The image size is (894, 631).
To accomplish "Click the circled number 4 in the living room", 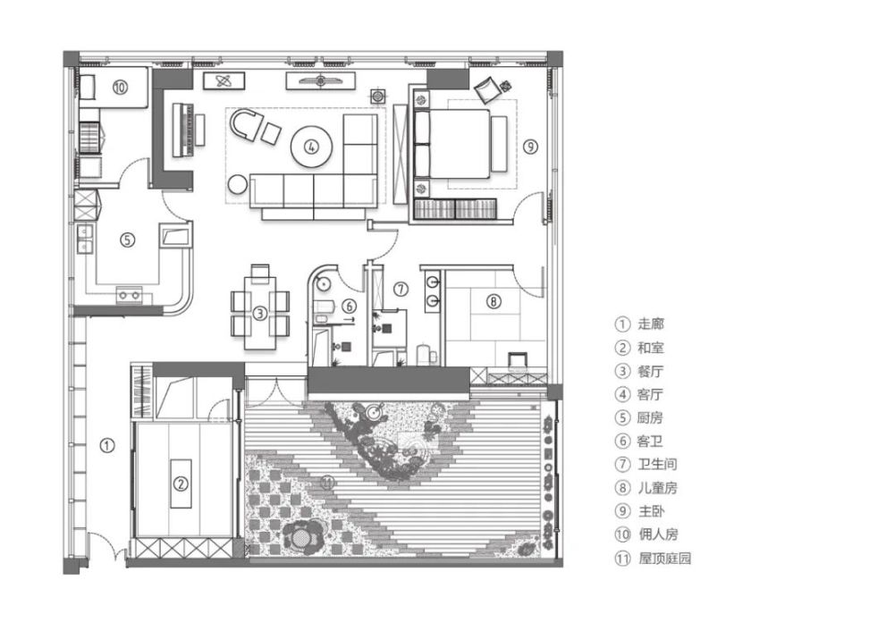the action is [x=311, y=147].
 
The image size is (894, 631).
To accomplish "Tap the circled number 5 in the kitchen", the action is [x=127, y=240].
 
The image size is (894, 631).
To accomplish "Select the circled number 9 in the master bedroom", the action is [x=530, y=147].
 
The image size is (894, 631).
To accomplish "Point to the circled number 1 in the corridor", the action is [x=107, y=445].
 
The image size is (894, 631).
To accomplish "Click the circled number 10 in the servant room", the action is [x=120, y=88].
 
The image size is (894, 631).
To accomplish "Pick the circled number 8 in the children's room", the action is [x=493, y=300].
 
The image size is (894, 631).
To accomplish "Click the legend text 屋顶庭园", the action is [x=665, y=558].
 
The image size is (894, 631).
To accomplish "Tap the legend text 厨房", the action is [x=651, y=417].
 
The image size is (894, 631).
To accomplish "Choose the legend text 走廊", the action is [x=651, y=324].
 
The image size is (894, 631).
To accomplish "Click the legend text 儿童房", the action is [x=658, y=488].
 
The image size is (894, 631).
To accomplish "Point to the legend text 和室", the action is [x=651, y=348].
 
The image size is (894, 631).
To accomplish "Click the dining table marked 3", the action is [x=260, y=313].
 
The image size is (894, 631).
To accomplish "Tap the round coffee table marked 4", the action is [x=311, y=147].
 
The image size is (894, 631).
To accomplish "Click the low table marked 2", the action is [x=181, y=484].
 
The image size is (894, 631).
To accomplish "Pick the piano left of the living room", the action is [x=183, y=130].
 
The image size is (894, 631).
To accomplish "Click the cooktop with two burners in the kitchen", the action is [x=130, y=295].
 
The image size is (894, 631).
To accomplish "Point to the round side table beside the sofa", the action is [x=238, y=185].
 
